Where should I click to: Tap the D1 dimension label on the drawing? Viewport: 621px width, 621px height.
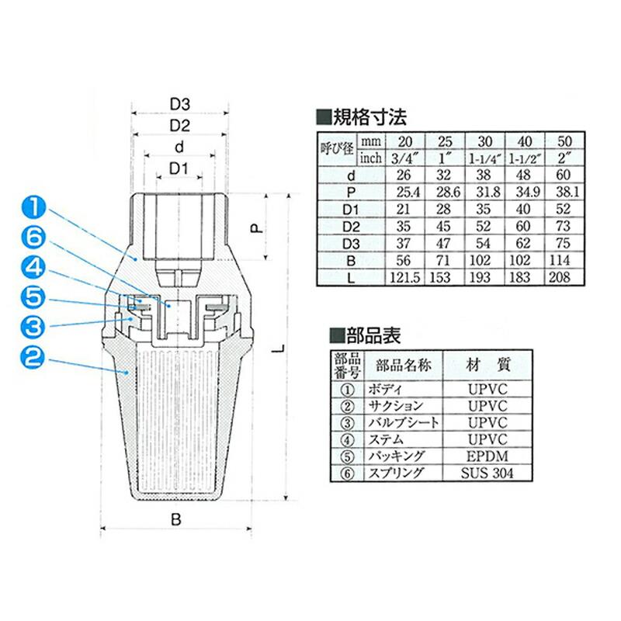pos(179,168)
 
